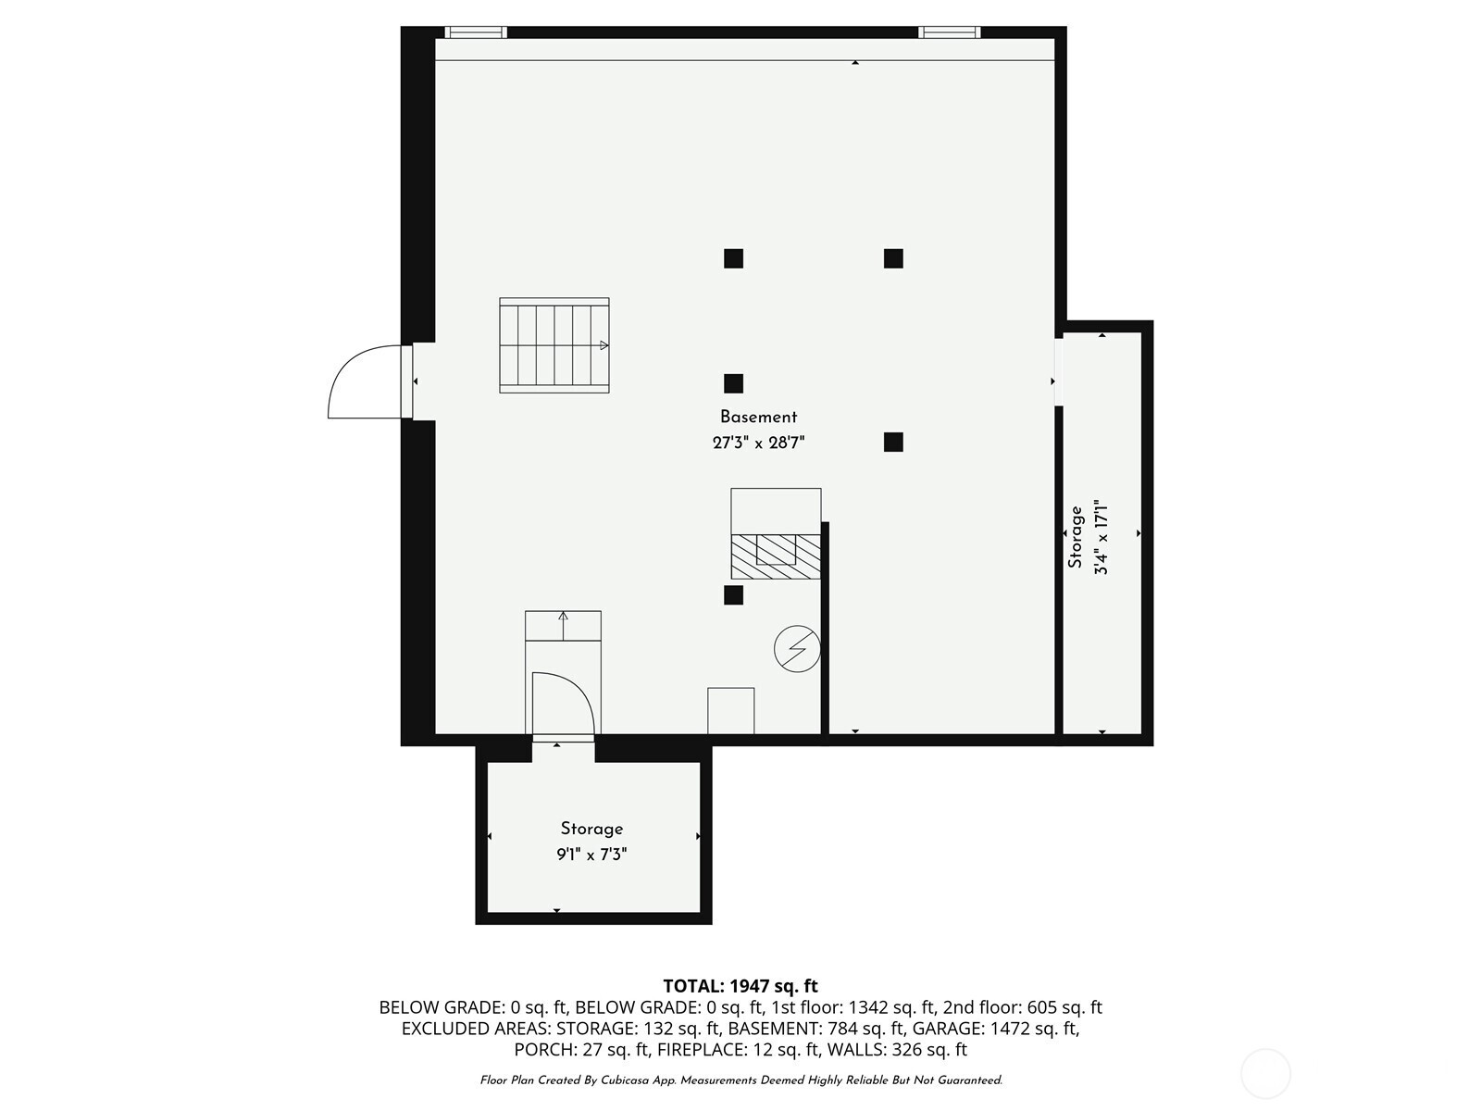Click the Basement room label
[x=758, y=417]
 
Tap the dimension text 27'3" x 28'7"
[x=758, y=443]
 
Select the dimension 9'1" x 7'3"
[x=591, y=855]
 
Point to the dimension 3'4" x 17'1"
[x=1101, y=537]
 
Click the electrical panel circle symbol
[x=797, y=649]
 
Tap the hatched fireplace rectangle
[x=776, y=556]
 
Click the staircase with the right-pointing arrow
[x=554, y=345]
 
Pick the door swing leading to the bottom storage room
[x=574, y=685]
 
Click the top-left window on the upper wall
[x=476, y=31]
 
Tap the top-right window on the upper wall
[x=950, y=31]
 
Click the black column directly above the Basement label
[x=733, y=383]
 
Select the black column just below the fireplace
[x=733, y=595]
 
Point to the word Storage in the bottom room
[x=591, y=829]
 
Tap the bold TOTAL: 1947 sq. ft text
[x=740, y=986]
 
